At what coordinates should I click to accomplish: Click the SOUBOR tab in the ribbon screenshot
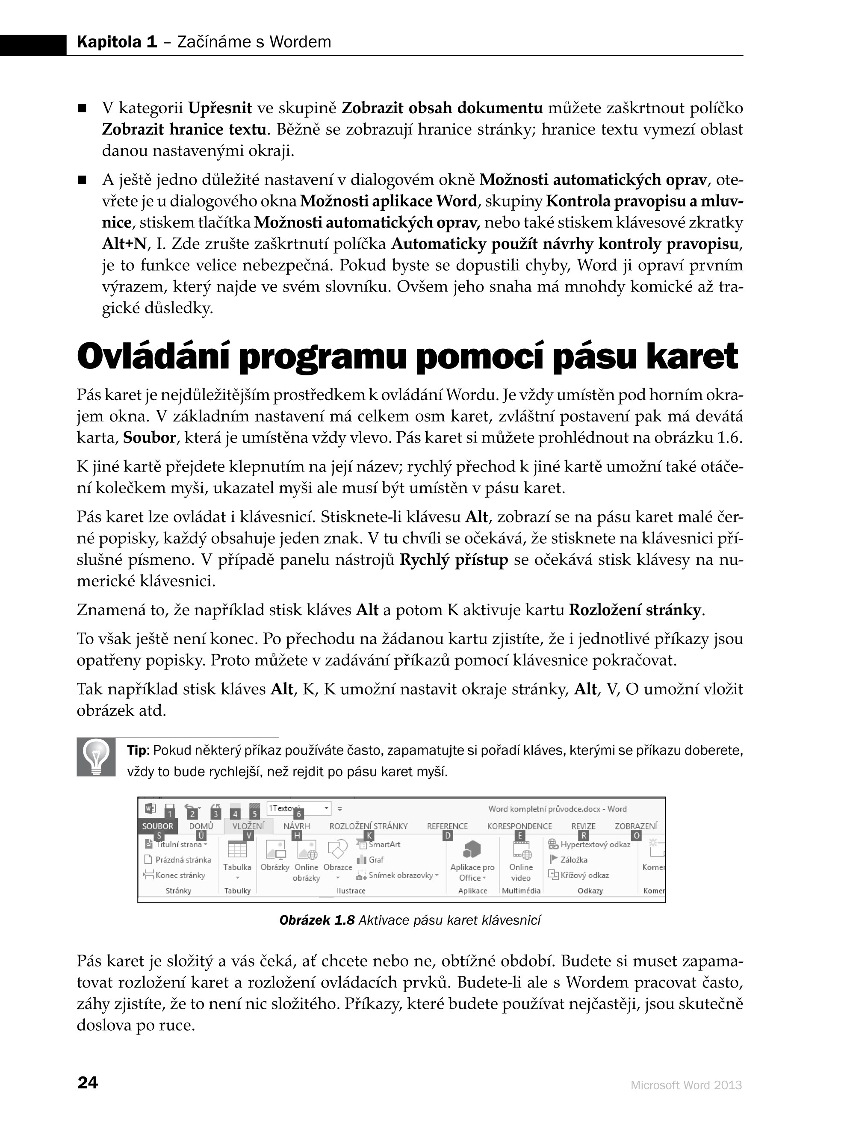tap(157, 826)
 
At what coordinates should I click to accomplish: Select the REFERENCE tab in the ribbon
tap(447, 826)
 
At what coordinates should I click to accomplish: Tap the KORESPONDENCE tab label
tap(519, 826)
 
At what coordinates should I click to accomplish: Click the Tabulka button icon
tap(237, 850)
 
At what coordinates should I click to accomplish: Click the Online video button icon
tap(521, 850)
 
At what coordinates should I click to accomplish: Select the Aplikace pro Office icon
tap(472, 849)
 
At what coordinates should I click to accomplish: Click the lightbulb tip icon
tap(97, 758)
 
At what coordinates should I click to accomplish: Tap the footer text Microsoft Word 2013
tap(686, 1085)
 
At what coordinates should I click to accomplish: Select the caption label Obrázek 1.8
tap(317, 920)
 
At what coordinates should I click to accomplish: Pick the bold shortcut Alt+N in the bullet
tap(124, 244)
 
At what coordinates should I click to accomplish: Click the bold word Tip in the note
tap(136, 750)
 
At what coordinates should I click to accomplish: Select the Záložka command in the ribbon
tap(573, 860)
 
